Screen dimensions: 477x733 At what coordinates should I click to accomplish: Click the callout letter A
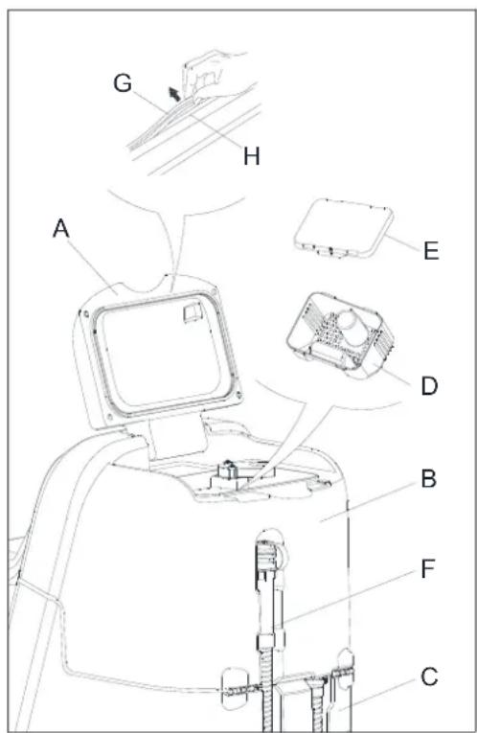pyautogui.click(x=61, y=229)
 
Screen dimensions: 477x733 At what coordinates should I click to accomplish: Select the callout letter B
pyautogui.click(x=428, y=479)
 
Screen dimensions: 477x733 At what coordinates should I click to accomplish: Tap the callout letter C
pyautogui.click(x=429, y=676)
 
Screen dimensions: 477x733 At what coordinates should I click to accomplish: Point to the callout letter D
pyautogui.click(x=429, y=386)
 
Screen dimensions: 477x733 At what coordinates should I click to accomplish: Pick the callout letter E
pyautogui.click(x=431, y=251)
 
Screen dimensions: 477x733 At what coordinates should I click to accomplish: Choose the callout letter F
pyautogui.click(x=427, y=569)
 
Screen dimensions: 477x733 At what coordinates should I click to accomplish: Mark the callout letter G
pyautogui.click(x=123, y=83)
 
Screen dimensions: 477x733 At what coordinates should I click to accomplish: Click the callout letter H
pyautogui.click(x=252, y=155)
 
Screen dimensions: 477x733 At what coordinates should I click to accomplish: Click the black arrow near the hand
pyautogui.click(x=174, y=93)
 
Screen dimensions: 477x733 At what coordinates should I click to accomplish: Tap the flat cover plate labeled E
pyautogui.click(x=343, y=228)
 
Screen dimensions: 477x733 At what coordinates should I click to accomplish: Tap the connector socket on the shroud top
pyautogui.click(x=228, y=470)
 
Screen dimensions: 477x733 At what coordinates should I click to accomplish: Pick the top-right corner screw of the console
pyautogui.click(x=214, y=292)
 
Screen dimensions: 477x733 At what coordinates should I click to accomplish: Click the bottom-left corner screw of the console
pyautogui.click(x=110, y=416)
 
